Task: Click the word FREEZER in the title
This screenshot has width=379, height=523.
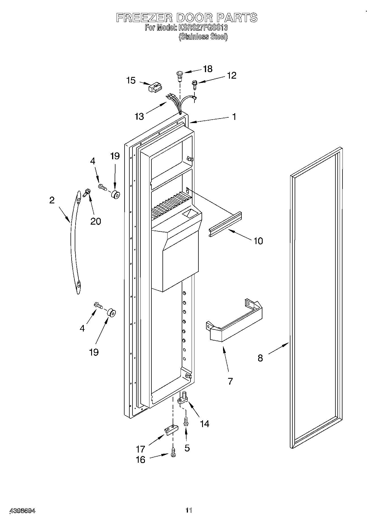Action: pos(144,18)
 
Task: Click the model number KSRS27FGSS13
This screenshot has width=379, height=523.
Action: pos(203,28)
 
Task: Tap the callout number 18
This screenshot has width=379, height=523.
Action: pos(208,69)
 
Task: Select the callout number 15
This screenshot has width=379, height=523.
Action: pos(131,80)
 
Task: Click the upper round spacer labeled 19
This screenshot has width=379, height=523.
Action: pos(115,195)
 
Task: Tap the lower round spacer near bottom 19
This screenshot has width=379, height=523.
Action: pos(111,313)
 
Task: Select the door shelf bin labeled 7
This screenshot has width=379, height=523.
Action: pos(235,322)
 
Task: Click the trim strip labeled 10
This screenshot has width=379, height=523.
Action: pos(226,224)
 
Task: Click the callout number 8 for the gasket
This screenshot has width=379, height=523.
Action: pos(260,358)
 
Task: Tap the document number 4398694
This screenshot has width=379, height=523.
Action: pos(23,511)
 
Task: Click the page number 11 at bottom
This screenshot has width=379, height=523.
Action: pos(189,510)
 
